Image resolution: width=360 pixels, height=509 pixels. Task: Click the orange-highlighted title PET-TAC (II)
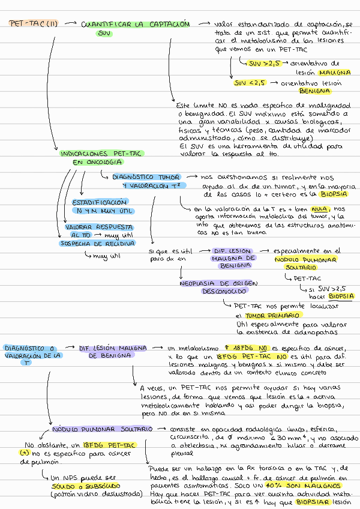[x=34, y=24]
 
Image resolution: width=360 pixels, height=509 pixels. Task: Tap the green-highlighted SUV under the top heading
[x=104, y=34]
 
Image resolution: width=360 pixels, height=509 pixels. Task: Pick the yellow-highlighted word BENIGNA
[x=315, y=91]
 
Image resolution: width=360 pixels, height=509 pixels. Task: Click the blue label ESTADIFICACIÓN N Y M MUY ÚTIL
[x=102, y=206]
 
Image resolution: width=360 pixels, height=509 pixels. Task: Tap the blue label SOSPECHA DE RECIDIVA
[x=97, y=243]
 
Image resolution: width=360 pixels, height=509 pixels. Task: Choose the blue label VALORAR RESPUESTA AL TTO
[x=91, y=231]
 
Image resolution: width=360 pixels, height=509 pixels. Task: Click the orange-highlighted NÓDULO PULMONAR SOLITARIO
[x=101, y=430]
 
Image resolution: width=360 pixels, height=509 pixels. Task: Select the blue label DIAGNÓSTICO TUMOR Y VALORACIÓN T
[x=146, y=182]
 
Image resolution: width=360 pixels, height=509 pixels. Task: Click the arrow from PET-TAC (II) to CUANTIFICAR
[x=70, y=24]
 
